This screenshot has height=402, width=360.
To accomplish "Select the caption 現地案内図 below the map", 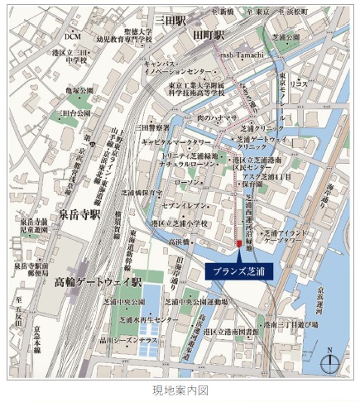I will (180, 389).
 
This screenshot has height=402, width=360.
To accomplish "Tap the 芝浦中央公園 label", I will (124, 302).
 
